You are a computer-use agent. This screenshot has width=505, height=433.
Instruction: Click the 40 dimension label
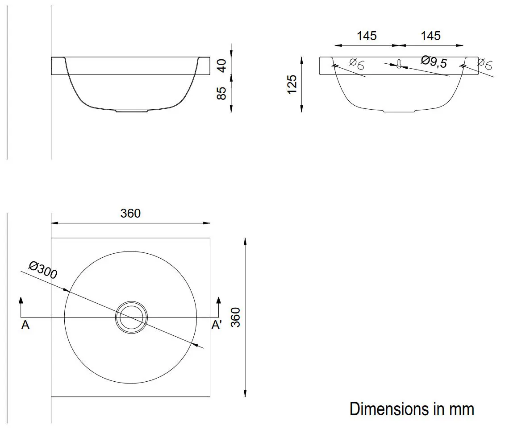tap(222, 66)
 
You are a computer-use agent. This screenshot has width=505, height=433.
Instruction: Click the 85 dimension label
tap(222, 94)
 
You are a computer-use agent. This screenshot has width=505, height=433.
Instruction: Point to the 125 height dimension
tap(292, 85)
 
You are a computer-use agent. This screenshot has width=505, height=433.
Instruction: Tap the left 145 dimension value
tap(367, 36)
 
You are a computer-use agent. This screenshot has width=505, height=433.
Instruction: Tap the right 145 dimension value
tap(430, 36)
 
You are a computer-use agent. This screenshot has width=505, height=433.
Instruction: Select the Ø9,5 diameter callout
tap(434, 62)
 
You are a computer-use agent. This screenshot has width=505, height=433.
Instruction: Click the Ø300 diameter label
tap(43, 270)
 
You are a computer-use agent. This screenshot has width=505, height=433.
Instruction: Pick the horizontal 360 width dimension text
tap(130, 213)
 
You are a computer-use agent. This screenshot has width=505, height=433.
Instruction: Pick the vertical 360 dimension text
tap(236, 317)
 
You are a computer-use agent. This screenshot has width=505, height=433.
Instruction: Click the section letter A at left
tap(25, 325)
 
